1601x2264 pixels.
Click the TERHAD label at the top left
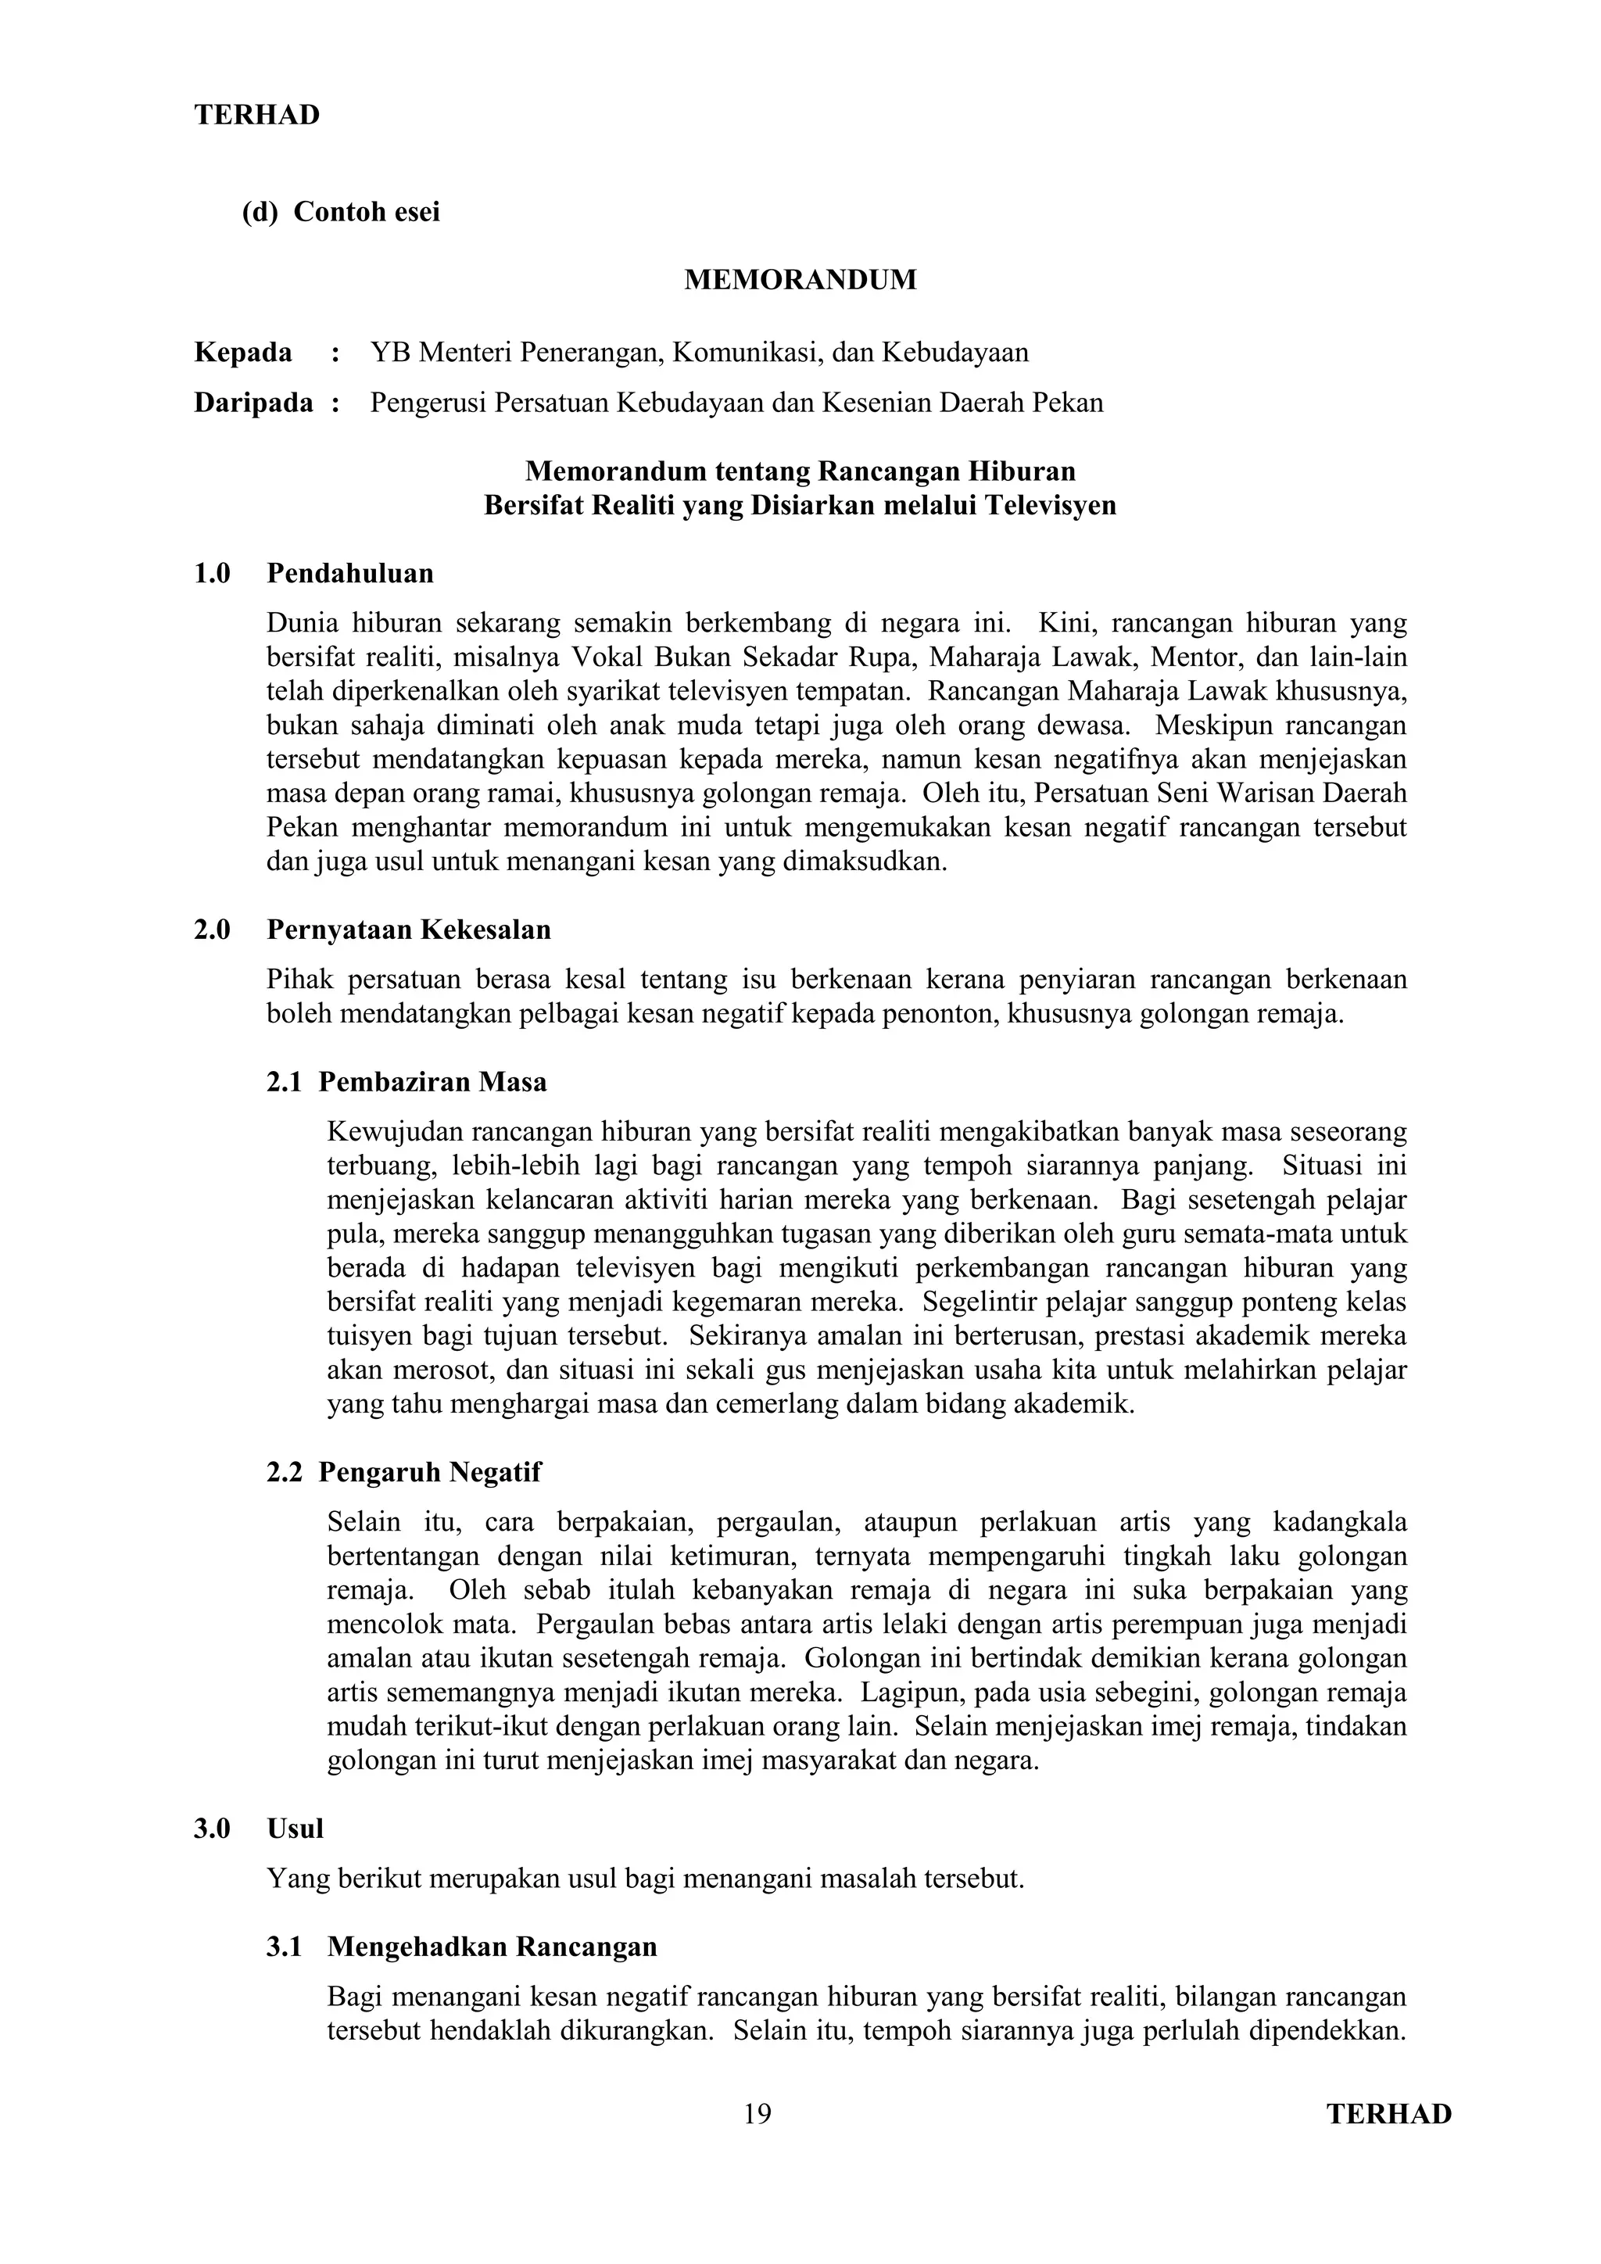(x=257, y=116)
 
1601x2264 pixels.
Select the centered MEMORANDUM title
(x=800, y=280)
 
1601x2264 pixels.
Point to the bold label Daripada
(x=253, y=403)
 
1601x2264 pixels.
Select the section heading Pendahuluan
(x=350, y=574)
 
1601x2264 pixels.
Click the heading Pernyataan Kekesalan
(x=408, y=930)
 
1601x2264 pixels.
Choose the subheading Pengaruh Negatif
(x=429, y=1472)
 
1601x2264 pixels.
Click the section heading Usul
(x=295, y=1829)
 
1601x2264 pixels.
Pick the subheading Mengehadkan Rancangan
(x=492, y=1947)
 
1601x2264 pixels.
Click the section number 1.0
(x=212, y=574)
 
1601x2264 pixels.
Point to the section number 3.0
(x=212, y=1829)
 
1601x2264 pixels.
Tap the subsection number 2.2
(x=284, y=1472)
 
